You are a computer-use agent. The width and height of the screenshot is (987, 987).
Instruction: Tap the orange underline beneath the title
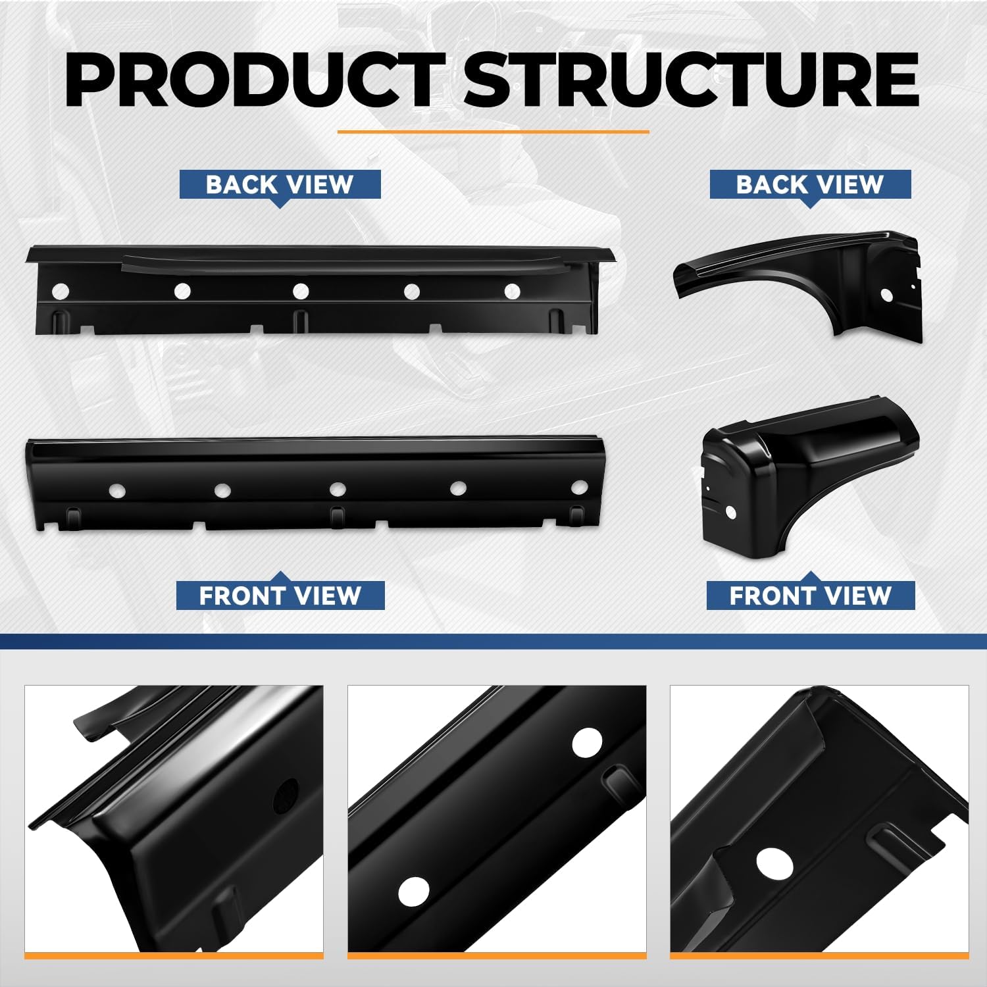point(493,132)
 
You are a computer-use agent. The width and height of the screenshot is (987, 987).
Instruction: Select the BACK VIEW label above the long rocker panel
point(280,184)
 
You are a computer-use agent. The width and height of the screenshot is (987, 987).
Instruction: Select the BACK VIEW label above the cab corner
point(810,184)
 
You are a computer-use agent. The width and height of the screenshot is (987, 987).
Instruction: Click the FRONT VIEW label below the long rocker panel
point(280,595)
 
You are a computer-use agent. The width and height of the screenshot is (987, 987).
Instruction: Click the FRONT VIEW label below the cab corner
point(810,595)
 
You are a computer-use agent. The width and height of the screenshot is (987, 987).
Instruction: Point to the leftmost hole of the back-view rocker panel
point(60,291)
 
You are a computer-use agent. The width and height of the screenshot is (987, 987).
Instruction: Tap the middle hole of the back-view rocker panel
point(301,291)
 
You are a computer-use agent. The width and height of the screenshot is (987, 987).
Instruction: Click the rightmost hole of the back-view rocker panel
point(512,291)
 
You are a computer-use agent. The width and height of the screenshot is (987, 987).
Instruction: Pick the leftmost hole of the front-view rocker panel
point(117,490)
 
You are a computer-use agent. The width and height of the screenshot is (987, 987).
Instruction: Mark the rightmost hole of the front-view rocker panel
point(579,488)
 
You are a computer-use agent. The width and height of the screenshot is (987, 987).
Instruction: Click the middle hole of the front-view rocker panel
point(338,490)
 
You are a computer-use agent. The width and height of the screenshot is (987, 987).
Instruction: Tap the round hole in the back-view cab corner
point(886,295)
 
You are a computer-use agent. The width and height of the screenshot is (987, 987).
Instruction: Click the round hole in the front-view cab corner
point(730,512)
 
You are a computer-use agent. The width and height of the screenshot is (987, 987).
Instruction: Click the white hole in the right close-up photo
point(774,864)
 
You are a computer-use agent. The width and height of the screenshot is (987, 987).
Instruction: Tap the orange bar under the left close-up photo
point(174,955)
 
